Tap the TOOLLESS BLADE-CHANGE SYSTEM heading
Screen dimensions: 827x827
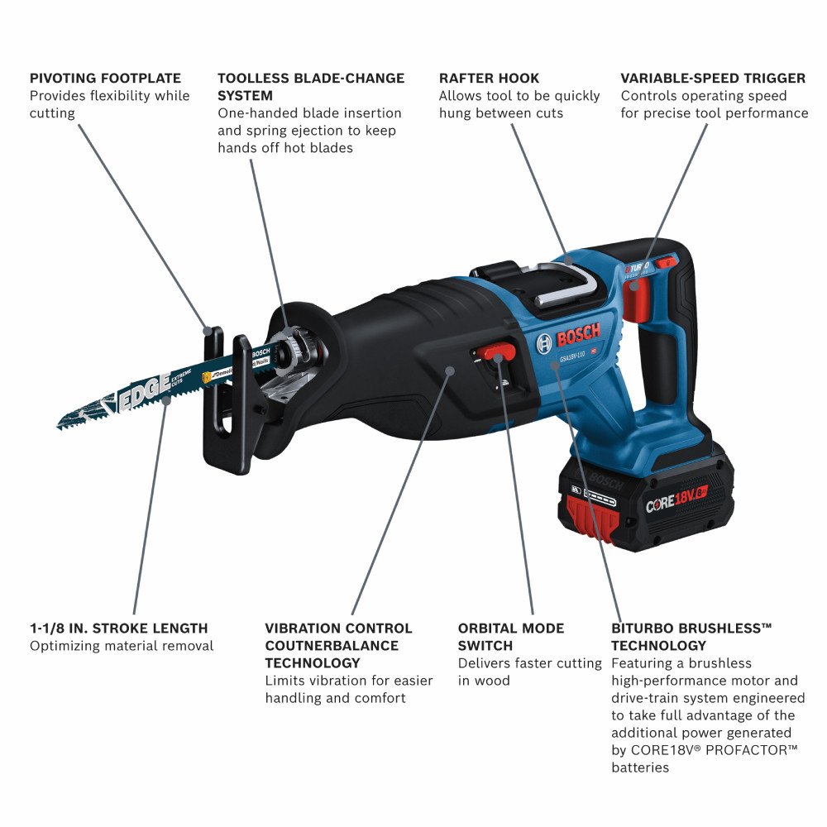tap(311, 87)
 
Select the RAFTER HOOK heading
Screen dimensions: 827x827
tap(489, 79)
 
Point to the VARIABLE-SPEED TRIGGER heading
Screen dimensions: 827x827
tap(713, 79)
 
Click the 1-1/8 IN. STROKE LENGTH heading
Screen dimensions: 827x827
tap(119, 629)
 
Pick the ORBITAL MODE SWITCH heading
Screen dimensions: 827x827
tap(511, 637)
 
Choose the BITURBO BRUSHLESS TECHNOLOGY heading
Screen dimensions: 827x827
tap(691, 637)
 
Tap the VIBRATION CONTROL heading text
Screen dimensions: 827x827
tap(338, 629)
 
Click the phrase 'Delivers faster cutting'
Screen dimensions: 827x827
tap(529, 663)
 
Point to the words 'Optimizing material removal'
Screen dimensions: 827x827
tap(122, 646)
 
